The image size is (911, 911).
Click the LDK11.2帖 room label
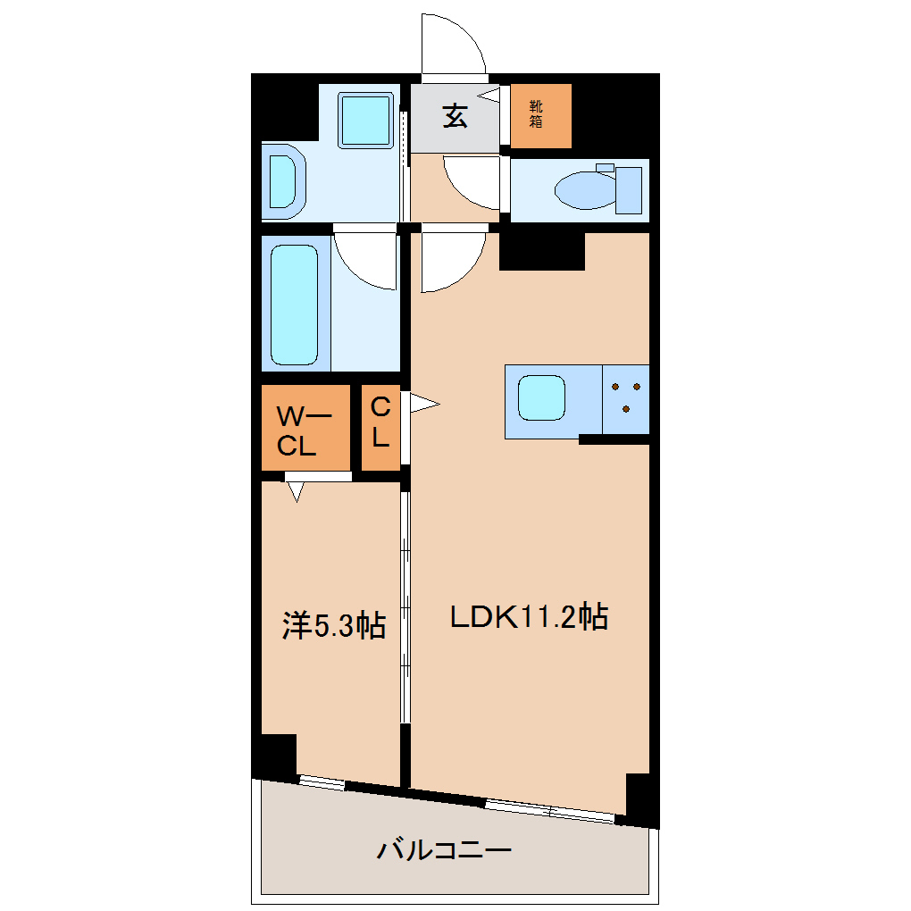(529, 616)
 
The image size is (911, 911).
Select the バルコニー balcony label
(444, 849)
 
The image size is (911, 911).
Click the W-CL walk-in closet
(305, 429)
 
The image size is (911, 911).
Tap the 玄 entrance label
(455, 116)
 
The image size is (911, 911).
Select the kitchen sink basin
(540, 398)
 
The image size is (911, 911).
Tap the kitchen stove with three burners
(625, 398)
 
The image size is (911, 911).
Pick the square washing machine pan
(365, 119)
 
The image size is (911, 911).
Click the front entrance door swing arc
(454, 45)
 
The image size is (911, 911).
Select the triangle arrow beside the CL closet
(423, 405)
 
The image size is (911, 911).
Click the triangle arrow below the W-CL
(297, 490)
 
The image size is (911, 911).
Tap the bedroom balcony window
(321, 782)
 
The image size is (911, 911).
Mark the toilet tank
(628, 189)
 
